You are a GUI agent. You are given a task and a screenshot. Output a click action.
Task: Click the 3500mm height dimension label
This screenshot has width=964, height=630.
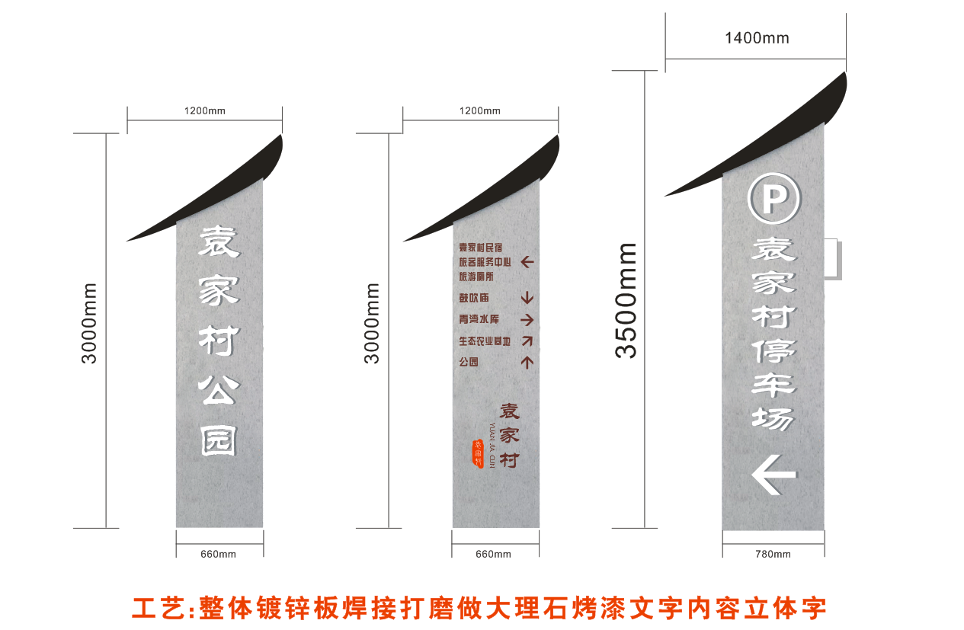tap(626, 301)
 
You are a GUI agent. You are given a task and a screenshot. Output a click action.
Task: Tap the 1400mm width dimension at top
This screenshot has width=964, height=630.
tap(756, 38)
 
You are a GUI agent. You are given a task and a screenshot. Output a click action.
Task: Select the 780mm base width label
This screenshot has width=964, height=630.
tap(773, 554)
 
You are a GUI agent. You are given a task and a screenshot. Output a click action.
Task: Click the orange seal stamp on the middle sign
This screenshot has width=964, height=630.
tap(478, 453)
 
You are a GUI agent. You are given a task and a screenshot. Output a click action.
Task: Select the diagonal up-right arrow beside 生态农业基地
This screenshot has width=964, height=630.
tap(527, 341)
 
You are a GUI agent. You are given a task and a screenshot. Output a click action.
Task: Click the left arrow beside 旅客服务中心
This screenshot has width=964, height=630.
tap(527, 262)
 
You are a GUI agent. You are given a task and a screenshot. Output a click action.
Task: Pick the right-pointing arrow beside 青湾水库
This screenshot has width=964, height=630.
tap(527, 319)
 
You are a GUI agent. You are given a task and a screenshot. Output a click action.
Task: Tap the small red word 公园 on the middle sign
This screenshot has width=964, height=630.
tap(469, 362)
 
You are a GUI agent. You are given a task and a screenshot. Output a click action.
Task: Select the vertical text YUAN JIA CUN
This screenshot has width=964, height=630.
tap(492, 446)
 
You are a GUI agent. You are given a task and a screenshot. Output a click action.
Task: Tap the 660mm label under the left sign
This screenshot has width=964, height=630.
tap(219, 554)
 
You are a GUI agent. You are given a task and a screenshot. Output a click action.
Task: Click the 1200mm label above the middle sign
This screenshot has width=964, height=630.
tap(480, 111)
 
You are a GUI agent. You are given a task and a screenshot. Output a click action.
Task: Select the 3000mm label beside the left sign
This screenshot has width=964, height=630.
tap(90, 323)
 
